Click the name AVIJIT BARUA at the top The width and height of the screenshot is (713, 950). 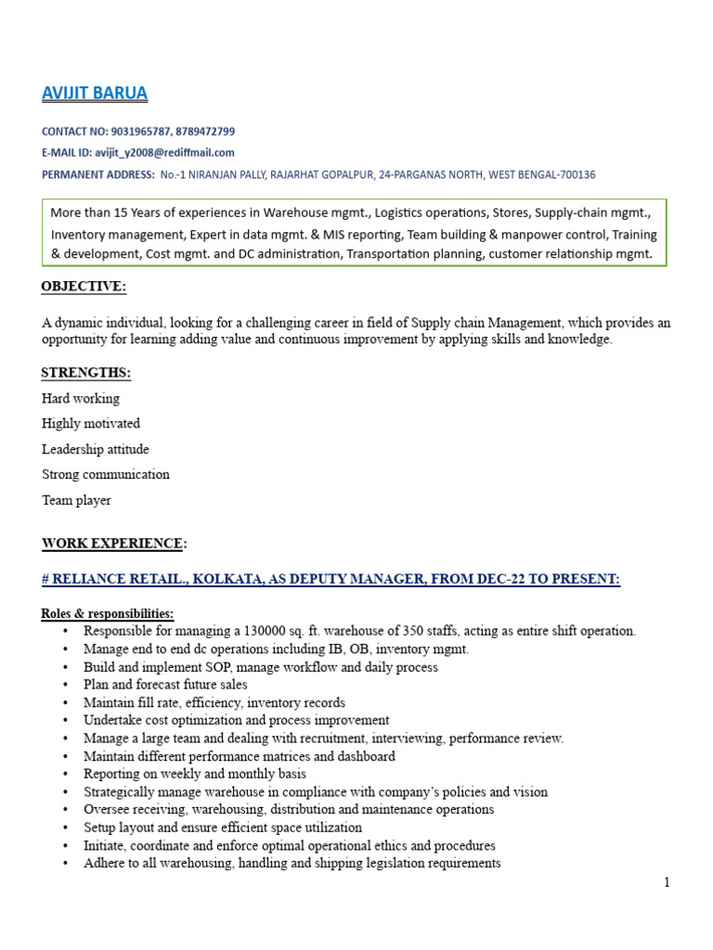tap(95, 94)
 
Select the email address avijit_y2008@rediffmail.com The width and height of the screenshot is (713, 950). tap(164, 152)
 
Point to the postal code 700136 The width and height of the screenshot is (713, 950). tap(575, 174)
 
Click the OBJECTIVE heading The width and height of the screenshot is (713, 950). tap(83, 287)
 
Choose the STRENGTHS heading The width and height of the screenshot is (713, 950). tap(85, 373)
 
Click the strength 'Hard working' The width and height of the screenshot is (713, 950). tap(81, 398)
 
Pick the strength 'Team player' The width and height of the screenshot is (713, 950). tap(76, 500)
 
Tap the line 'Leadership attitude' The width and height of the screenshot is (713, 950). tap(95, 449)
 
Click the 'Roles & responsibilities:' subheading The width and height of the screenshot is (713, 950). tap(108, 614)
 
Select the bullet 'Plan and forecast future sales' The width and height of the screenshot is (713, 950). tap(165, 685)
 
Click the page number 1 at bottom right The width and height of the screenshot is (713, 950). tap(667, 882)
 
